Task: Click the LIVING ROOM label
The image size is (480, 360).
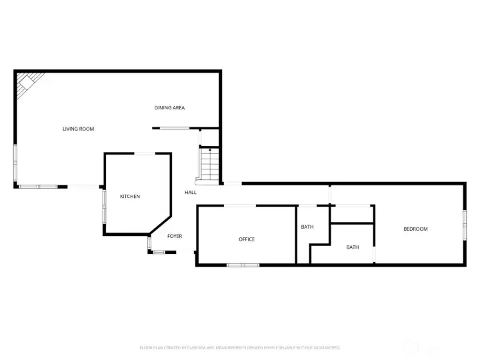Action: tap(78, 129)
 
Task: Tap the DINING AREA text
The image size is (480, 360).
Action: tap(169, 107)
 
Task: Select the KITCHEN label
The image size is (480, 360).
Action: tap(129, 197)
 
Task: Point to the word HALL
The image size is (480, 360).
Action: tap(191, 193)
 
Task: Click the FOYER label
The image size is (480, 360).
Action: tap(175, 236)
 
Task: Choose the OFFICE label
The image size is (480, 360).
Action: tap(247, 239)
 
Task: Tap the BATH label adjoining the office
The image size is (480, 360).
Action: tap(307, 227)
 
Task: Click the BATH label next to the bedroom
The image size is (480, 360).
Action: tap(353, 247)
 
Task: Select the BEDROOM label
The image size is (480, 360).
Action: tap(415, 229)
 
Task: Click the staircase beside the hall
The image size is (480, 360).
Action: tap(210, 165)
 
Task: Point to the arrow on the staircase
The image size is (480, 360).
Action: tap(210, 152)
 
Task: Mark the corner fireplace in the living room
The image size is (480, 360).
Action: tap(29, 83)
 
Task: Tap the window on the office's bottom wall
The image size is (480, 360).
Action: tap(243, 265)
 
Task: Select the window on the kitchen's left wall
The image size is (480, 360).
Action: tap(103, 207)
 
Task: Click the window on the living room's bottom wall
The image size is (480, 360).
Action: tap(38, 187)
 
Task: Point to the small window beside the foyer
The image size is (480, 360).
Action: tap(160, 252)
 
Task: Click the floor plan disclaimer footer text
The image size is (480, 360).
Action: tap(240, 347)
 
